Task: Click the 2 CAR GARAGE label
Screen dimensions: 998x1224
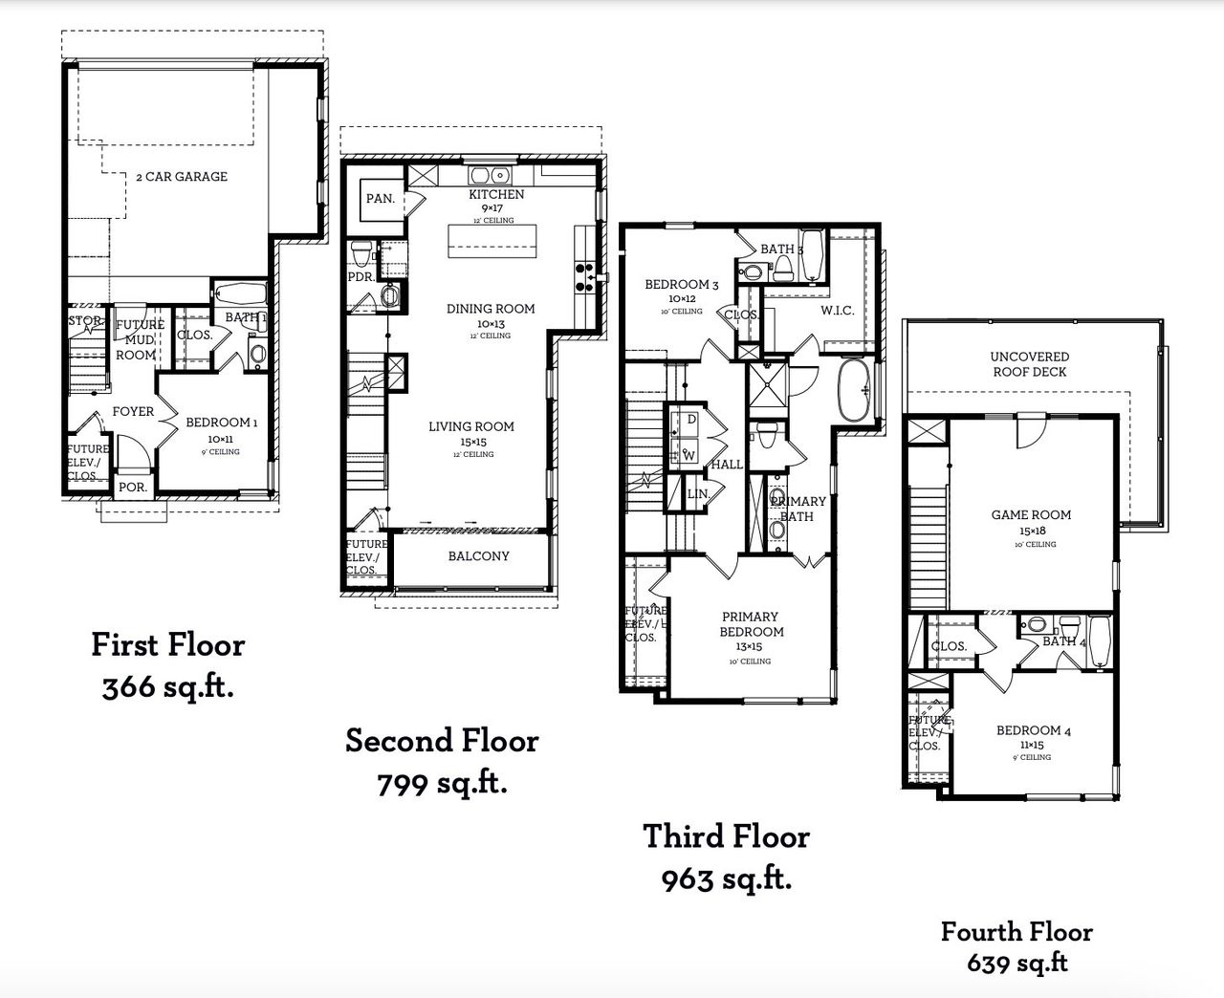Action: point(182,177)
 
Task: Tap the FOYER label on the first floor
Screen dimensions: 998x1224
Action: point(133,411)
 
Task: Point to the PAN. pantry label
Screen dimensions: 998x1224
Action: point(380,199)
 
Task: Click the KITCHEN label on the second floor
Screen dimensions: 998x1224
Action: point(495,194)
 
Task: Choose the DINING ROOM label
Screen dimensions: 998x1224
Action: point(491,309)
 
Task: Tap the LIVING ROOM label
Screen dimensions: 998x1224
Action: point(470,427)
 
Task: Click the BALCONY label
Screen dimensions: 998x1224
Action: point(478,556)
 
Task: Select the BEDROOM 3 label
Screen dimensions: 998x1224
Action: point(681,285)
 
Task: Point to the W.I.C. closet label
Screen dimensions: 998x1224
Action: point(837,312)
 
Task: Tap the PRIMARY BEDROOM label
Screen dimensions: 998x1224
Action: point(751,624)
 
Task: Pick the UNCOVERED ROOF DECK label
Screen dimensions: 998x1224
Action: point(1029,364)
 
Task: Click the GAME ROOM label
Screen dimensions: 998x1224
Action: point(1031,515)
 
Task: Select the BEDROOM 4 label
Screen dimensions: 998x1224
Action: point(1033,731)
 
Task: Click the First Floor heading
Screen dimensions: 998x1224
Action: point(168,645)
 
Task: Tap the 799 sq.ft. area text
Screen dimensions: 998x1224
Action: point(442,784)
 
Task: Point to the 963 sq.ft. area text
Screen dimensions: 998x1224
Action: point(727,879)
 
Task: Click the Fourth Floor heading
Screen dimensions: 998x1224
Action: point(1016,931)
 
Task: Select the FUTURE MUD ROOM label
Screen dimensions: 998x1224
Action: point(139,339)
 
